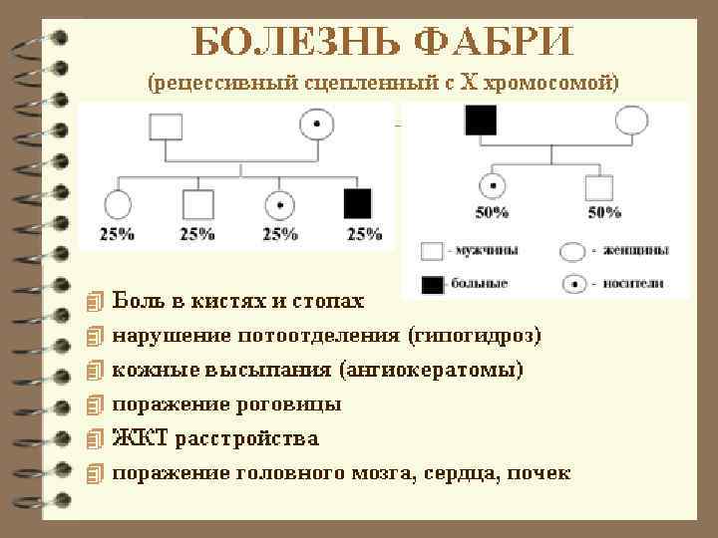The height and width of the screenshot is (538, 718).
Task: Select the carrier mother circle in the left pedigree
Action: coord(317,127)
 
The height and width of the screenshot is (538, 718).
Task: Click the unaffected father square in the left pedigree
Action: coord(166,128)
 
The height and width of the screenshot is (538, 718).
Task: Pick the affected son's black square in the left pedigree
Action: coord(357,203)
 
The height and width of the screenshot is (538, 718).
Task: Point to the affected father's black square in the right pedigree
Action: coord(480,122)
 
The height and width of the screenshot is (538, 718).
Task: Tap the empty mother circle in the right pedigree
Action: coord(632,122)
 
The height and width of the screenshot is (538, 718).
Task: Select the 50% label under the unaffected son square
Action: coord(603,212)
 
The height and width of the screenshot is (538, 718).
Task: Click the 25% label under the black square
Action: coord(365,234)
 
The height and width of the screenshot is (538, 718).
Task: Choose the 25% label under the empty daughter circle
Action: coord(116,234)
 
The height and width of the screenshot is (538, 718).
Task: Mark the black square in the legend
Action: coord(432,284)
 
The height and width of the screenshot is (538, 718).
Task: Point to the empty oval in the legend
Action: coord(574,250)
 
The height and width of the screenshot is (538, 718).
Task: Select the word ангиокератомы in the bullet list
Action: coord(432,370)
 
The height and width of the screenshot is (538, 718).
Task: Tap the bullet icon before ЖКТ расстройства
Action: coord(95,439)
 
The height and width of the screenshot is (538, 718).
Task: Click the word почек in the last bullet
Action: coord(538,473)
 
